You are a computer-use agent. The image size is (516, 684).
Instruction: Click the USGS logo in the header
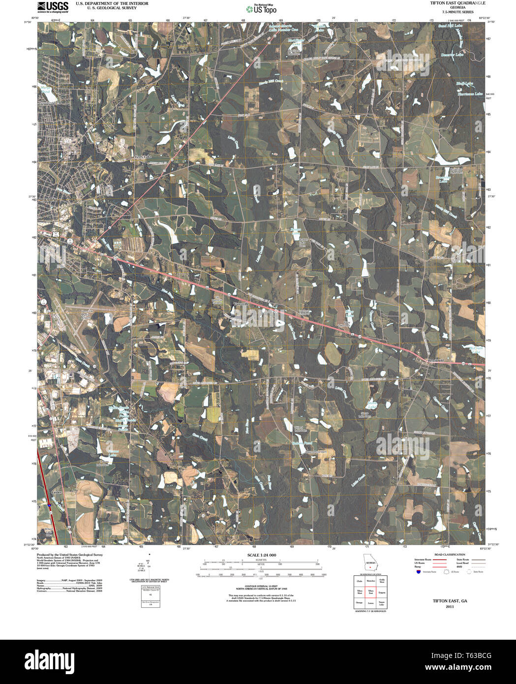(x=53, y=6)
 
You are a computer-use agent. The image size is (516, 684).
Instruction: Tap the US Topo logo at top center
(x=261, y=8)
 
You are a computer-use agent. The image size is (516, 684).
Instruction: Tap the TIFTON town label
(x=48, y=200)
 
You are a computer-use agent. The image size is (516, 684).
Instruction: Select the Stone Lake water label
(x=372, y=404)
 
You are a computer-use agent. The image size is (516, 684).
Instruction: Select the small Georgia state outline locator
(x=369, y=563)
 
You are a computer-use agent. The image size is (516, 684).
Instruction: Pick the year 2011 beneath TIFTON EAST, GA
(x=450, y=607)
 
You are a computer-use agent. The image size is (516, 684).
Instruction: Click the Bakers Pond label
(x=302, y=443)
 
